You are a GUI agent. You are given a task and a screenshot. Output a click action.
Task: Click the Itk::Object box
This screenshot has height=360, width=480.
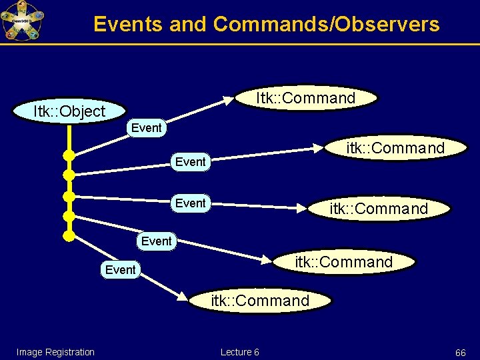point(69,111)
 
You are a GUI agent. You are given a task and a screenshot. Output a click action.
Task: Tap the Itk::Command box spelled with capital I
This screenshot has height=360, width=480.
point(306,98)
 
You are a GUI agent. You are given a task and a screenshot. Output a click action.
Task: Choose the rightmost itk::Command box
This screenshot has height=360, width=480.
point(395,148)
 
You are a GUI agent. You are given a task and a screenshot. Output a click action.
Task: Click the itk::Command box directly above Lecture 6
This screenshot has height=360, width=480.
point(260,301)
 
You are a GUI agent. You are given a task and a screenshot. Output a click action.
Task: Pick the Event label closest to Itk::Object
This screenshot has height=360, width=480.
point(147,127)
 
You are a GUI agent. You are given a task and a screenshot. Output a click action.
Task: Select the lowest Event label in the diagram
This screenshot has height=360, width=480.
point(120,269)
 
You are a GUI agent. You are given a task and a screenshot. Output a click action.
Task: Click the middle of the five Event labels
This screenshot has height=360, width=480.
point(190,203)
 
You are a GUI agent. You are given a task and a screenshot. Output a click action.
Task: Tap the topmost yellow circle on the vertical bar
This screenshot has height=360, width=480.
point(69,155)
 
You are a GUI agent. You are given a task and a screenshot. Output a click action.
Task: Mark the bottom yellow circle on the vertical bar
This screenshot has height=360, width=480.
point(69,235)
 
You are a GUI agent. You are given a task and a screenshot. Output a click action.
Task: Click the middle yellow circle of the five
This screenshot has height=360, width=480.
point(69,197)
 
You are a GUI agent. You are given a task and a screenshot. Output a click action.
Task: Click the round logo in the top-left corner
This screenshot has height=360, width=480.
point(21,21)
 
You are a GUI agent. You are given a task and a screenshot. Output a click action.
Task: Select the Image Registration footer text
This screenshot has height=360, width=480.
point(55,352)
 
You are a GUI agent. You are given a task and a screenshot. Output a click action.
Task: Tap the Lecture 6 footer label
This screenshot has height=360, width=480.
point(239,352)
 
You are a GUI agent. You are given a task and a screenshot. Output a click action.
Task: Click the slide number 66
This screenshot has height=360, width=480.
point(460,352)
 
